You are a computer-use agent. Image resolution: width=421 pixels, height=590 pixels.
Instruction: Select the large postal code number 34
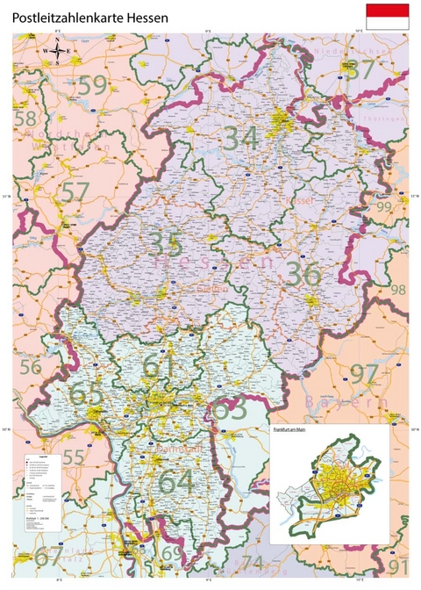(241, 139)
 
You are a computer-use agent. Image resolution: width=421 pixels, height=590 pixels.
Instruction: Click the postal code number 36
(303, 274)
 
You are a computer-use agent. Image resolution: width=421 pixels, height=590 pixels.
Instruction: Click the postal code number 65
(86, 394)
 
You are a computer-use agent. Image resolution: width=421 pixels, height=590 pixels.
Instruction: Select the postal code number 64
(175, 481)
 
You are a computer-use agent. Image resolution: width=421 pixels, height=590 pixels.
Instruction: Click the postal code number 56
(32, 367)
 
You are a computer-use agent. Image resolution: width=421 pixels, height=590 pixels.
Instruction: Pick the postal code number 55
(74, 457)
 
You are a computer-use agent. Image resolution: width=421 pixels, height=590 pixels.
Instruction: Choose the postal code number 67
(49, 555)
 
